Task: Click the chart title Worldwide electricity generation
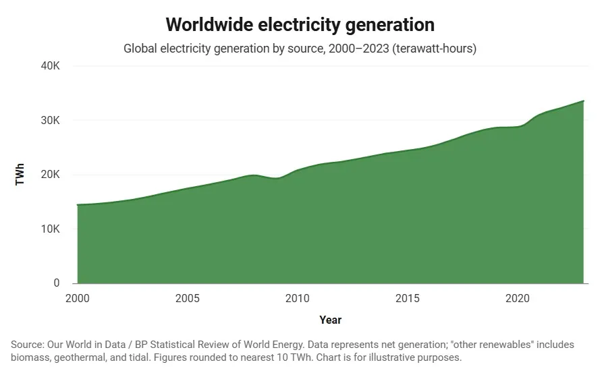pyautogui.click(x=300, y=25)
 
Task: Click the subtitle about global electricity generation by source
pyautogui.click(x=300, y=49)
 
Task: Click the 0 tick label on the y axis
pyautogui.click(x=57, y=283)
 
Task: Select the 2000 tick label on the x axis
pyautogui.click(x=78, y=298)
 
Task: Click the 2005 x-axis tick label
pyautogui.click(x=187, y=298)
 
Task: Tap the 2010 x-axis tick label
pyautogui.click(x=297, y=298)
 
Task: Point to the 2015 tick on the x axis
pyautogui.click(x=407, y=298)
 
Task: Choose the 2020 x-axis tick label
pyautogui.click(x=517, y=298)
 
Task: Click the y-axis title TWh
pyautogui.click(x=20, y=175)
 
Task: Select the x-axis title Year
pyautogui.click(x=330, y=320)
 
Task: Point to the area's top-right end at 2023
pyautogui.click(x=583, y=101)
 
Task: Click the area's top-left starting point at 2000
pyautogui.click(x=78, y=204)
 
